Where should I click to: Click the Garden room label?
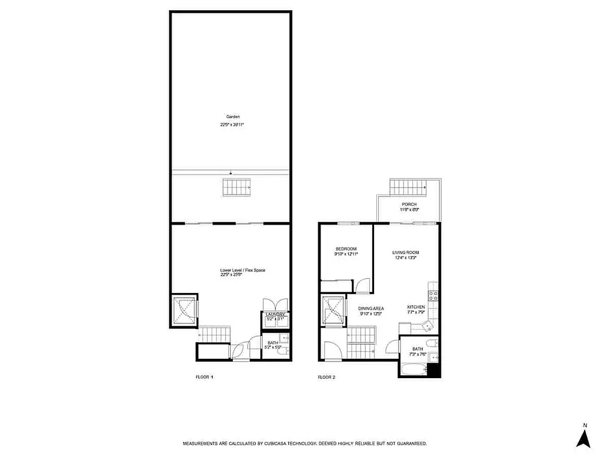233,117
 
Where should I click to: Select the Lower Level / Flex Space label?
243,270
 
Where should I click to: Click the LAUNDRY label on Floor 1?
276,315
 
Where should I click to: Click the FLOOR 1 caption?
204,377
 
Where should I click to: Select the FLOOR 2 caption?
326,377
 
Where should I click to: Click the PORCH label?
409,205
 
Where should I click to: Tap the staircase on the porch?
408,186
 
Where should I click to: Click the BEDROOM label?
346,249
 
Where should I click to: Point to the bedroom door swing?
363,285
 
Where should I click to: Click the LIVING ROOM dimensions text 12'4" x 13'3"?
405,258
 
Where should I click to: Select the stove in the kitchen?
433,295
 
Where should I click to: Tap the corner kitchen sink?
425,325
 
